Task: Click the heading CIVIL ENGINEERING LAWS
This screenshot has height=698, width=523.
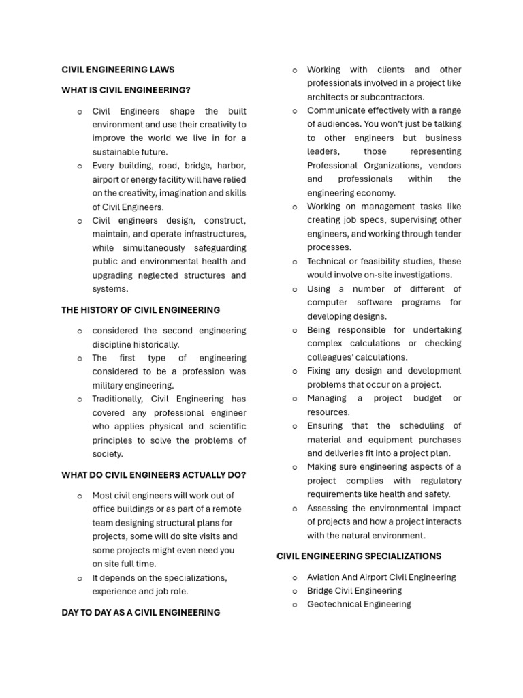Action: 118,70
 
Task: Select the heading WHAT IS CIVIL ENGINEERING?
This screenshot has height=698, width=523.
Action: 126,90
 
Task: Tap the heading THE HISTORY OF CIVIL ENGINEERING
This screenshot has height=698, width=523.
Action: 140,309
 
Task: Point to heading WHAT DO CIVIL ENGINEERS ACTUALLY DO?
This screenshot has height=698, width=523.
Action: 154,475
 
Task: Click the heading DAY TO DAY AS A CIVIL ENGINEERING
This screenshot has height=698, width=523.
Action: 140,612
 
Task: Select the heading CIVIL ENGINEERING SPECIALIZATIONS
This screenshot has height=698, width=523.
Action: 359,556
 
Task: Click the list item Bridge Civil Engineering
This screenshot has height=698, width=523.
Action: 354,590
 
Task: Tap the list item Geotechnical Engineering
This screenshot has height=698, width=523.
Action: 359,604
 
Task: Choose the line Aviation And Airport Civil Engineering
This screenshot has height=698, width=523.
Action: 381,577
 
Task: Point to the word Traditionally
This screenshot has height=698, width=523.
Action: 118,399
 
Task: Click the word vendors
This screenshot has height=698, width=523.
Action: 444,166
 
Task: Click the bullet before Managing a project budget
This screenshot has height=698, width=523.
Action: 295,399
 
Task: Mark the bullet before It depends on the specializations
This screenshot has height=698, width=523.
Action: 80,578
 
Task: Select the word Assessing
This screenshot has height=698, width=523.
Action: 328,508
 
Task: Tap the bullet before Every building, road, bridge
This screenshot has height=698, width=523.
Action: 80,166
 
